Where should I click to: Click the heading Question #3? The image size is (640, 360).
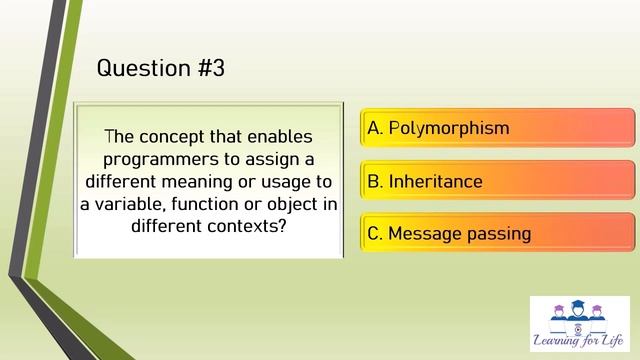point(160,68)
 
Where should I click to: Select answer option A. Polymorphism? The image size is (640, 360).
point(497,128)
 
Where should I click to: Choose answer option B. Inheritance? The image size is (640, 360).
point(497,181)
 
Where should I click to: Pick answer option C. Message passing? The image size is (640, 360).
point(497,234)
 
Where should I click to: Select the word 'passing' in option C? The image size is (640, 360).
point(497,235)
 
